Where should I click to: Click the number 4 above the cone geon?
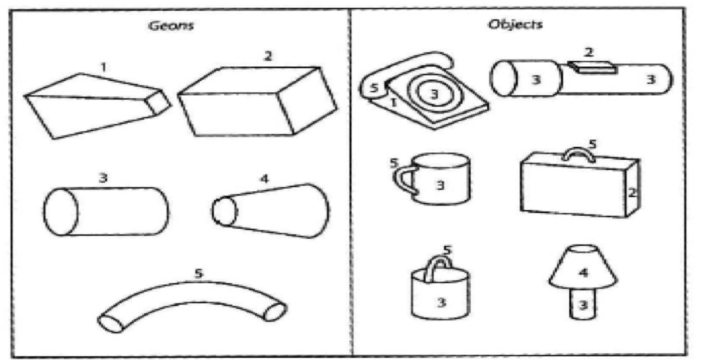[x=263, y=180]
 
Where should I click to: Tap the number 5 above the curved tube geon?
[x=197, y=273]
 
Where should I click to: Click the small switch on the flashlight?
[x=590, y=66]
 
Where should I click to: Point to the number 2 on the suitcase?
[x=631, y=193]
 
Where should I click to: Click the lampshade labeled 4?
[x=582, y=270]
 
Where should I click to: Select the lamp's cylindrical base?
[x=582, y=304]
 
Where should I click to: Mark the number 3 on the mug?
[x=441, y=184]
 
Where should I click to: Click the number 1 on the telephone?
[x=394, y=102]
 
